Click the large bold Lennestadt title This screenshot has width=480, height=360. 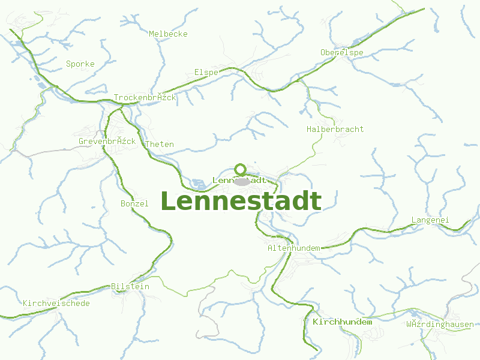[241, 202]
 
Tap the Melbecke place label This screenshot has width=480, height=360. [168, 34]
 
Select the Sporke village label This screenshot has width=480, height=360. [80, 64]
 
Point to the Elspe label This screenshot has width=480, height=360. [206, 73]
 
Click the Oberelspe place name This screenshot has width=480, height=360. [342, 53]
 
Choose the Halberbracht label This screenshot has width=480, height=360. [335, 130]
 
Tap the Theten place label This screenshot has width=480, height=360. [160, 145]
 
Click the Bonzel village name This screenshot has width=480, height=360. [134, 204]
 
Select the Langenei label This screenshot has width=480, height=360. [430, 220]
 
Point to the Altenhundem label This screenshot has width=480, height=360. [293, 248]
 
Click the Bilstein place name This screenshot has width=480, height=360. [130, 287]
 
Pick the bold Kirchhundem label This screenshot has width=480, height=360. [342, 322]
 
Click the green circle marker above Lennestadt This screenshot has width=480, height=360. [241, 169]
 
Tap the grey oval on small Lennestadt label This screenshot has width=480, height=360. [242, 181]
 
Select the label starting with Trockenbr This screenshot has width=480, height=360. [145, 98]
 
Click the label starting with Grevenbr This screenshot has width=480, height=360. [107, 142]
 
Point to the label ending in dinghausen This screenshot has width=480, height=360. [440, 325]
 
